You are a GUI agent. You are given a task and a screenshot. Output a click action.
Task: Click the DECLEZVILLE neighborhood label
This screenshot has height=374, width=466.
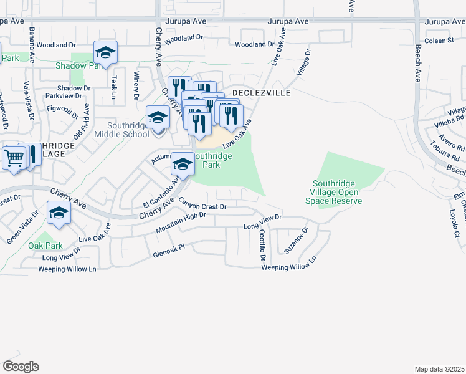pos(262,92)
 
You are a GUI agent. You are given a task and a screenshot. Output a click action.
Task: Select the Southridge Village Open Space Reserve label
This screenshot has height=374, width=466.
pos(337,192)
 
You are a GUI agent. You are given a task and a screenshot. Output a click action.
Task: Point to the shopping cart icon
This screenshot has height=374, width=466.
pos(14,158)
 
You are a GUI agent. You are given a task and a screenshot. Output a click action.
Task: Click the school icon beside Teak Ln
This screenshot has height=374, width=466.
pos(105,53)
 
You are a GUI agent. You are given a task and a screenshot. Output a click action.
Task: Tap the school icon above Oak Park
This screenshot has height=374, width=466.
pos(59,213)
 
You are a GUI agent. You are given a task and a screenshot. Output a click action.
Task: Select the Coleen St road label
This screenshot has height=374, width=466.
pos(439,41)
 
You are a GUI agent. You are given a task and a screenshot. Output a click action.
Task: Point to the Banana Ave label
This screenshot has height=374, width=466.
pos(31,45)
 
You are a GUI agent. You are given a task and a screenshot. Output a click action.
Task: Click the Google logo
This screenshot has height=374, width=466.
pos(21,367)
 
